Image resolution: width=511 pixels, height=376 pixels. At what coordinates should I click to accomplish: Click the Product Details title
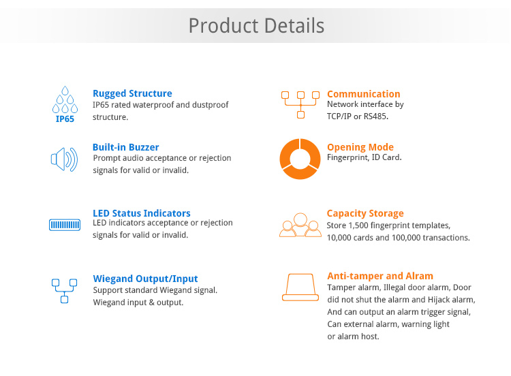click(x=256, y=26)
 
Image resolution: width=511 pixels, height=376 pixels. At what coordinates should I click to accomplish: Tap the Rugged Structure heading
click(x=132, y=93)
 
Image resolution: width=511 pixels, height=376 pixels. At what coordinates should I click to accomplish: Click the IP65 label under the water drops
click(x=65, y=119)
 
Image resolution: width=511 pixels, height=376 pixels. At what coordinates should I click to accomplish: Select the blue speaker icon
click(x=64, y=159)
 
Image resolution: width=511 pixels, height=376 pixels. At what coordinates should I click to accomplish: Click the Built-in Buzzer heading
click(x=126, y=147)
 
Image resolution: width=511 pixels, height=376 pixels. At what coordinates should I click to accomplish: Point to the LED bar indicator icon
click(x=65, y=225)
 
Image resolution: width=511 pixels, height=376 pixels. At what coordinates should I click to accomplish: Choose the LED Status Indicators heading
click(x=142, y=213)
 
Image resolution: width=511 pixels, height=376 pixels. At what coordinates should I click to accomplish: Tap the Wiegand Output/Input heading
click(x=145, y=279)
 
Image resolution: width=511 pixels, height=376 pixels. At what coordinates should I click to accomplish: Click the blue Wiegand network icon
click(x=64, y=291)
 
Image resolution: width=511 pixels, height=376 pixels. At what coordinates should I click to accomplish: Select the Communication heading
click(x=363, y=94)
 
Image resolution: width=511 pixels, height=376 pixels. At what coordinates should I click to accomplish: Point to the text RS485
click(x=375, y=116)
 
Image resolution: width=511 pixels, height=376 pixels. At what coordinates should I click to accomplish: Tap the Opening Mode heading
click(x=360, y=147)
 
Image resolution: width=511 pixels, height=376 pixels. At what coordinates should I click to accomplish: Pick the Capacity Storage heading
click(x=365, y=213)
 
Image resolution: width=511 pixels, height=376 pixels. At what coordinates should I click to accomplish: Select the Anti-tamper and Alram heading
click(x=380, y=276)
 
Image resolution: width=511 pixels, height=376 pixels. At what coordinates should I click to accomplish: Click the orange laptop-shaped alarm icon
click(x=300, y=297)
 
